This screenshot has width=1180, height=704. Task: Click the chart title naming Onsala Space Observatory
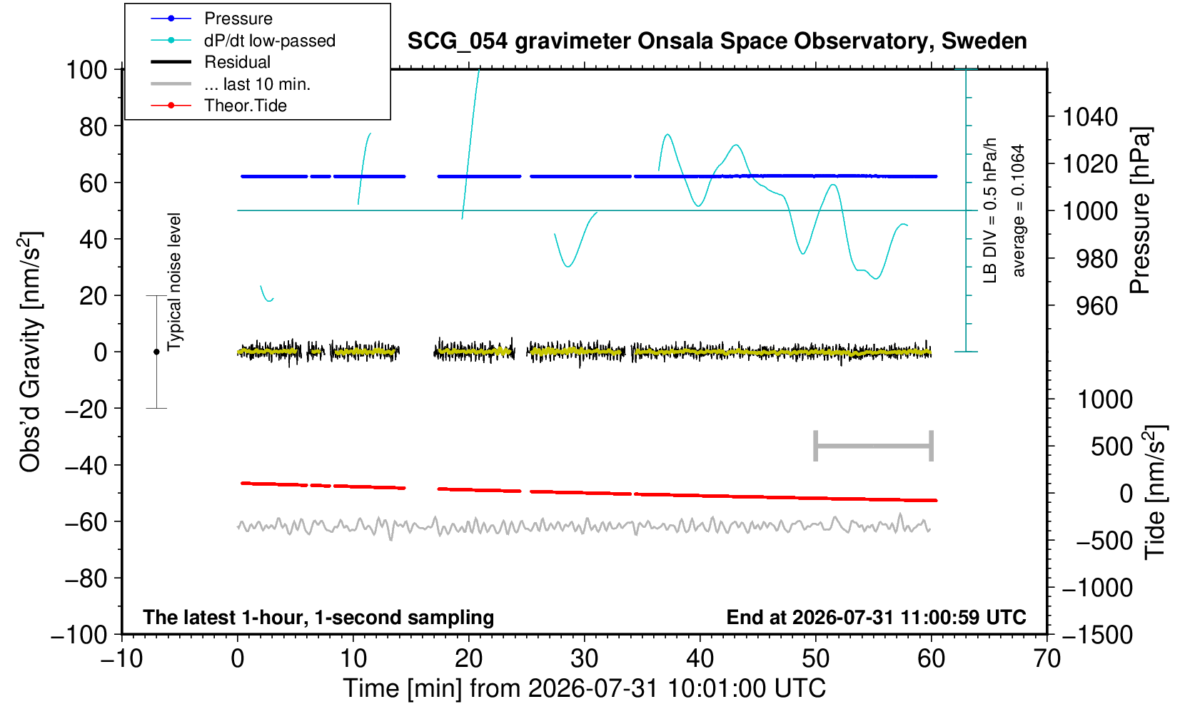point(717,41)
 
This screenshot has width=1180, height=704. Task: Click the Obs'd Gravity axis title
point(30,352)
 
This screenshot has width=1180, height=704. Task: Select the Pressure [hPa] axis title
point(1141,210)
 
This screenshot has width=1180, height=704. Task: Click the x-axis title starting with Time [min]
point(584,688)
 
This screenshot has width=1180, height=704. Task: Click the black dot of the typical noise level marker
point(156,352)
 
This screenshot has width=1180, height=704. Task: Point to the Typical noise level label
point(174,282)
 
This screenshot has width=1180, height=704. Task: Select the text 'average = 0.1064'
point(1018,210)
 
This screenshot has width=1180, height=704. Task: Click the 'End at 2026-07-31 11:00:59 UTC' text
point(876,617)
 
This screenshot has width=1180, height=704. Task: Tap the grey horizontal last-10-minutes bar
point(874,446)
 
